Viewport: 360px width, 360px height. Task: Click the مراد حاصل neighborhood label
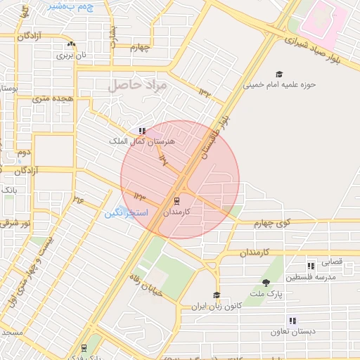136,85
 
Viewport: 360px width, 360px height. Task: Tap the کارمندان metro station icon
176,200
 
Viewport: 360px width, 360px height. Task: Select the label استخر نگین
127,212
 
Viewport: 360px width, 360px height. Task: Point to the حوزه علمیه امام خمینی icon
279,75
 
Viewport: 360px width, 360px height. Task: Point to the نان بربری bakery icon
71,44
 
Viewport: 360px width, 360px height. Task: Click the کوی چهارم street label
274,223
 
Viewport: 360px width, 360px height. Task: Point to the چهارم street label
140,48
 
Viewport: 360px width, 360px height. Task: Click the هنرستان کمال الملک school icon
142,131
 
